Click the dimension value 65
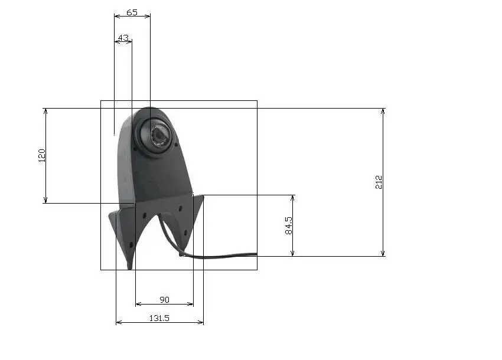pyautogui.click(x=132, y=12)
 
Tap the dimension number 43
pyautogui.click(x=123, y=38)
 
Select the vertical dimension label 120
pyautogui.click(x=41, y=156)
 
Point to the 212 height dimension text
pyautogui.click(x=379, y=182)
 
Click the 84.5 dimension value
pyautogui.click(x=288, y=225)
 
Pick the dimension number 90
pyautogui.click(x=164, y=300)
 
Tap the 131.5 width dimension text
pyautogui.click(x=159, y=318)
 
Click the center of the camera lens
pyautogui.click(x=159, y=135)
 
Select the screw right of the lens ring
pyautogui.click(x=176, y=145)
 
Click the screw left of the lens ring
pyautogui.click(x=135, y=149)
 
